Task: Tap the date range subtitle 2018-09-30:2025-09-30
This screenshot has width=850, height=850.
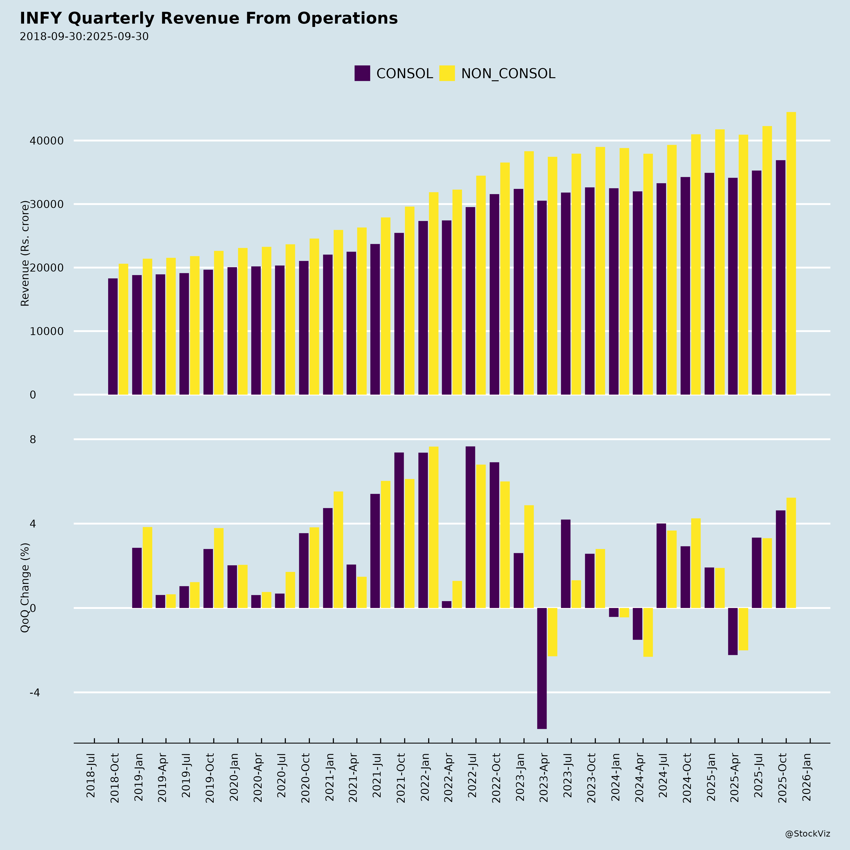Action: (x=84, y=37)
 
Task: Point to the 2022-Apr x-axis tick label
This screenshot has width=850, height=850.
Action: (x=448, y=781)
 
